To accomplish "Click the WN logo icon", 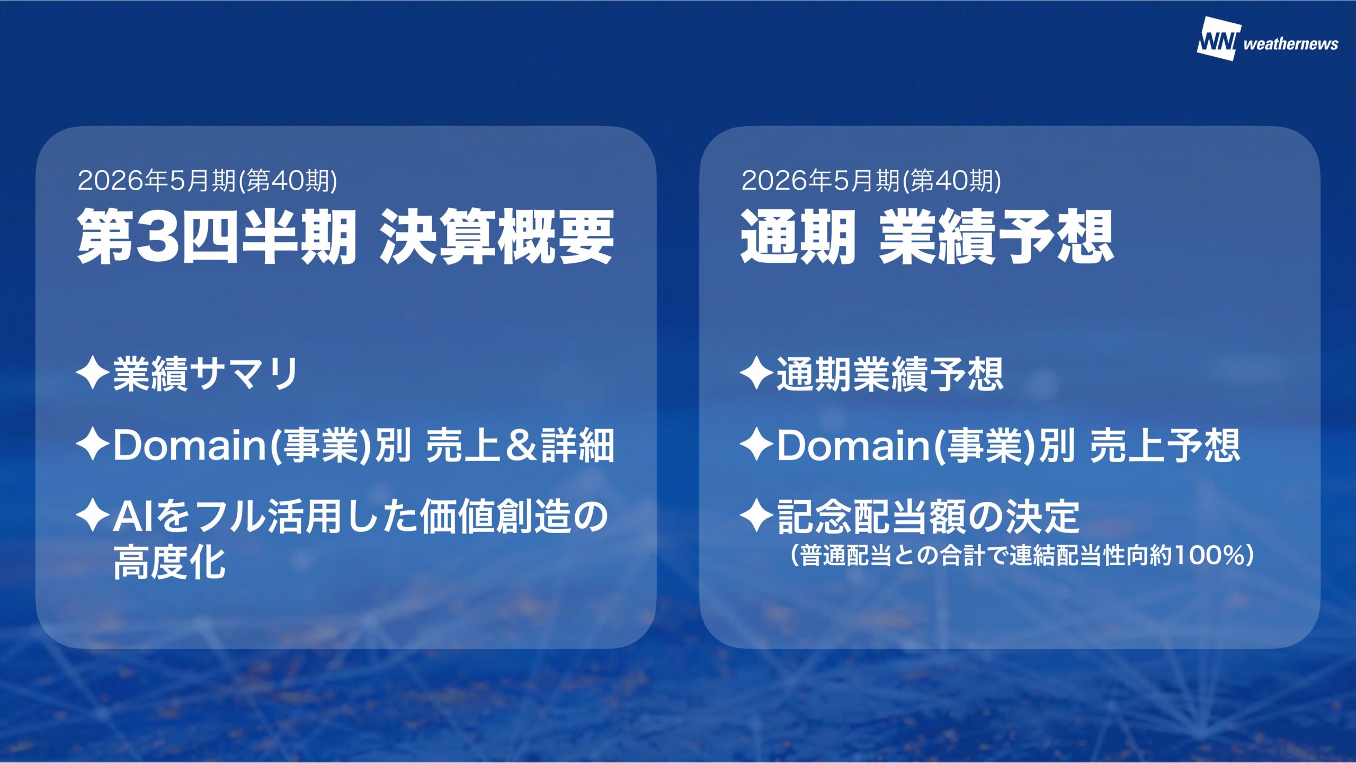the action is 1218,39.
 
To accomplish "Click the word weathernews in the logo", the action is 1291,44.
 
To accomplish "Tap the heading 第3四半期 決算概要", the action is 346,236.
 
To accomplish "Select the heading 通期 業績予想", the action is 927,236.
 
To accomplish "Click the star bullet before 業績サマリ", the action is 93,374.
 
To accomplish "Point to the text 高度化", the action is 169,562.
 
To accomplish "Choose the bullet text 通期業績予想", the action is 890,374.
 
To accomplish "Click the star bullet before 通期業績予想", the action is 756,374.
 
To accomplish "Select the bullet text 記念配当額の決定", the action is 928,517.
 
